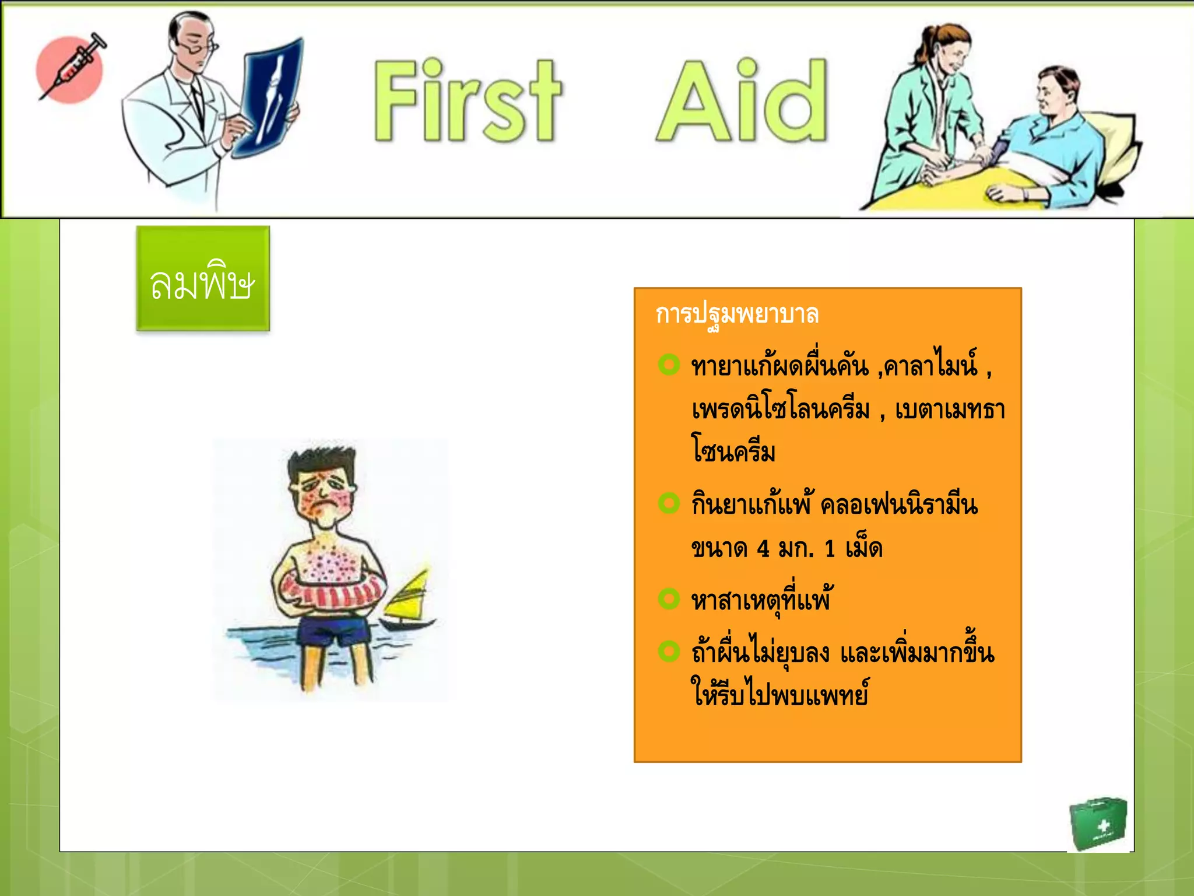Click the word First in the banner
[x=466, y=100]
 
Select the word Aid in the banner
[x=742, y=100]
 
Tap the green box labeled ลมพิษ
[x=203, y=279]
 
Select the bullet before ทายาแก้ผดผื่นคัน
[x=669, y=365]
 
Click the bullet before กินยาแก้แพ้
[x=669, y=503]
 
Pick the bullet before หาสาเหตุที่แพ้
[x=669, y=598]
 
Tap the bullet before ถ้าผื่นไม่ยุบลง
[x=669, y=651]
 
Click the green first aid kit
[x=1097, y=824]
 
